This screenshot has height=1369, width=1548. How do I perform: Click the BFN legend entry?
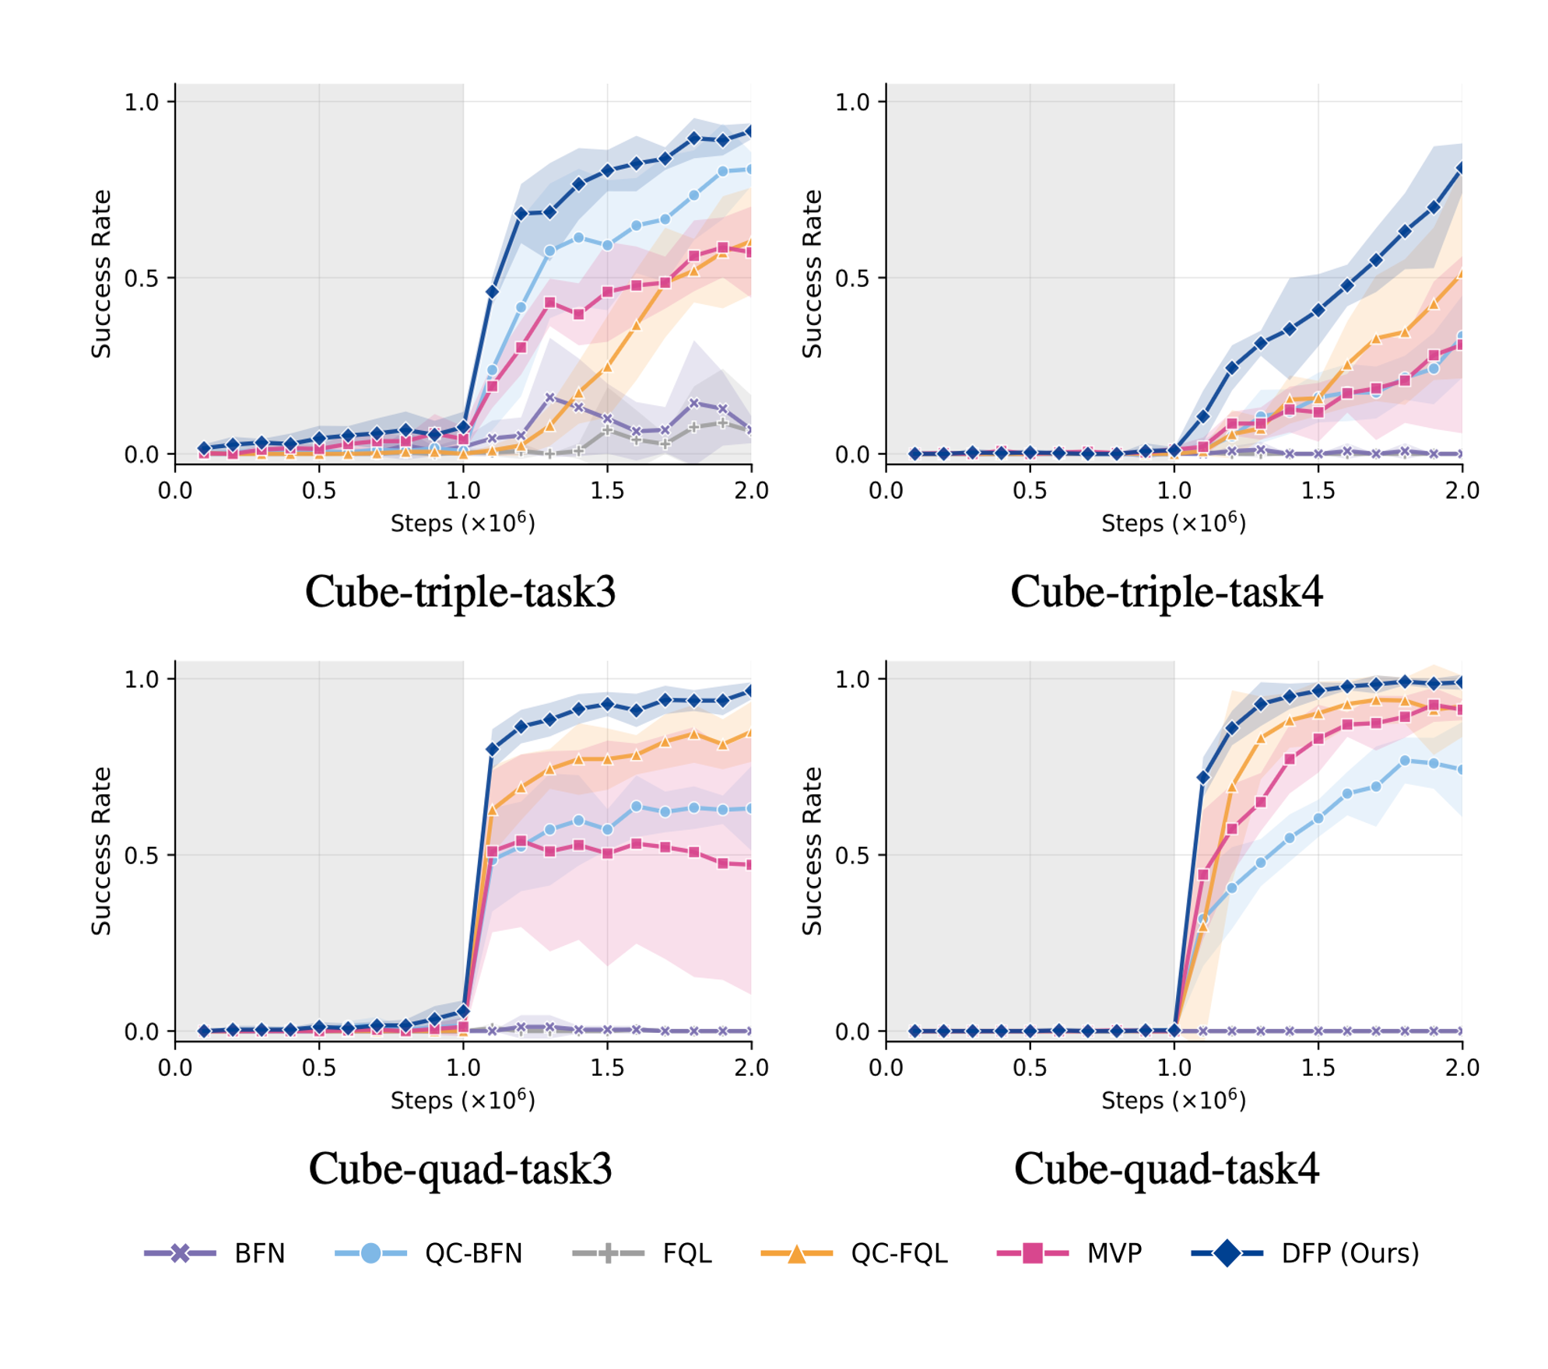tap(213, 1253)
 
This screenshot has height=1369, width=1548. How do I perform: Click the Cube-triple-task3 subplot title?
tap(460, 592)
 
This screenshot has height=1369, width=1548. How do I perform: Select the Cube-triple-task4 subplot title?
tap(1166, 592)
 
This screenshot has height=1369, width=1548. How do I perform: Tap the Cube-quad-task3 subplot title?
tap(460, 1168)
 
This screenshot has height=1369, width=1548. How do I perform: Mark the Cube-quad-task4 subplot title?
tap(1166, 1168)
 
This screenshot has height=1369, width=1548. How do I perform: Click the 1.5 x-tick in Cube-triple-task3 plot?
tap(607, 490)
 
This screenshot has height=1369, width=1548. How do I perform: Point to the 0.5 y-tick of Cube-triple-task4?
tap(851, 278)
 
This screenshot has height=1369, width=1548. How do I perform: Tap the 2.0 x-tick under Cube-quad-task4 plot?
tap(1462, 1066)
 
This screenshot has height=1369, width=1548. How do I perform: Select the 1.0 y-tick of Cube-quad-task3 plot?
tap(141, 679)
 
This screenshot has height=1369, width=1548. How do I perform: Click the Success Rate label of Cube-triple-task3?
tap(101, 274)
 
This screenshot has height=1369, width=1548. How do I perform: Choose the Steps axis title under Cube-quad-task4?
tap(1173, 1099)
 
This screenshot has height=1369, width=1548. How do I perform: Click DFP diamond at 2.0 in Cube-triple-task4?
tap(1461, 168)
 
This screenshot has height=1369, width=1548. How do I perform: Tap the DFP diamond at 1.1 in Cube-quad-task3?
tap(492, 749)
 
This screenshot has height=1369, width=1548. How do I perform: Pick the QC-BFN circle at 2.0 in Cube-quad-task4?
tap(1461, 769)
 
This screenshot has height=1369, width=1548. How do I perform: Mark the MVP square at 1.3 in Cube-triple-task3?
tap(549, 303)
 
